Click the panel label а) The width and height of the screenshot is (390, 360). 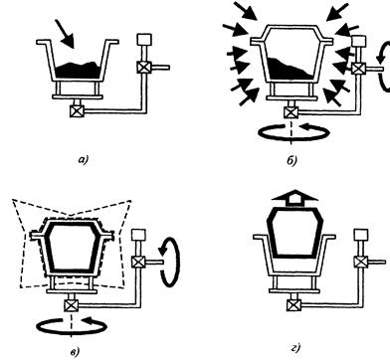[x=84, y=160]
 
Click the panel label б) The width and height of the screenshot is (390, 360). [x=292, y=160]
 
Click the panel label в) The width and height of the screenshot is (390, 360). [x=76, y=352]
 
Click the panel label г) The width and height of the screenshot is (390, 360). [x=295, y=348]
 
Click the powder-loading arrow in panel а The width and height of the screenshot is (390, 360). [x=65, y=33]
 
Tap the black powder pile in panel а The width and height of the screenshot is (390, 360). [x=78, y=71]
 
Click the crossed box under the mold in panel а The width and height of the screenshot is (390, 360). [x=77, y=110]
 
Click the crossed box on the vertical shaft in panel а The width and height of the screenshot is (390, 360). [x=143, y=68]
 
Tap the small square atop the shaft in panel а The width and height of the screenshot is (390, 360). [x=144, y=40]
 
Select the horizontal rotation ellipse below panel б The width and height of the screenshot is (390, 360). [x=293, y=132]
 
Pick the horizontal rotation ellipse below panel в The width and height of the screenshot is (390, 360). [x=72, y=326]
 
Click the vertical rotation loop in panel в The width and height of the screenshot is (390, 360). [x=169, y=262]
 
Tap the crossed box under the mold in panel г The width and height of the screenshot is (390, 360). [x=293, y=305]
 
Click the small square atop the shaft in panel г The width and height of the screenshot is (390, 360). [x=361, y=234]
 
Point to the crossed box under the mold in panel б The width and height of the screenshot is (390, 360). [x=291, y=112]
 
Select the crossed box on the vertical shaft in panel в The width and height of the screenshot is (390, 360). [x=138, y=263]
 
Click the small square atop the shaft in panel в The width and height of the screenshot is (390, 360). [x=138, y=235]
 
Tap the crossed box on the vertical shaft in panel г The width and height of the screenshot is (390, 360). [x=360, y=262]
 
